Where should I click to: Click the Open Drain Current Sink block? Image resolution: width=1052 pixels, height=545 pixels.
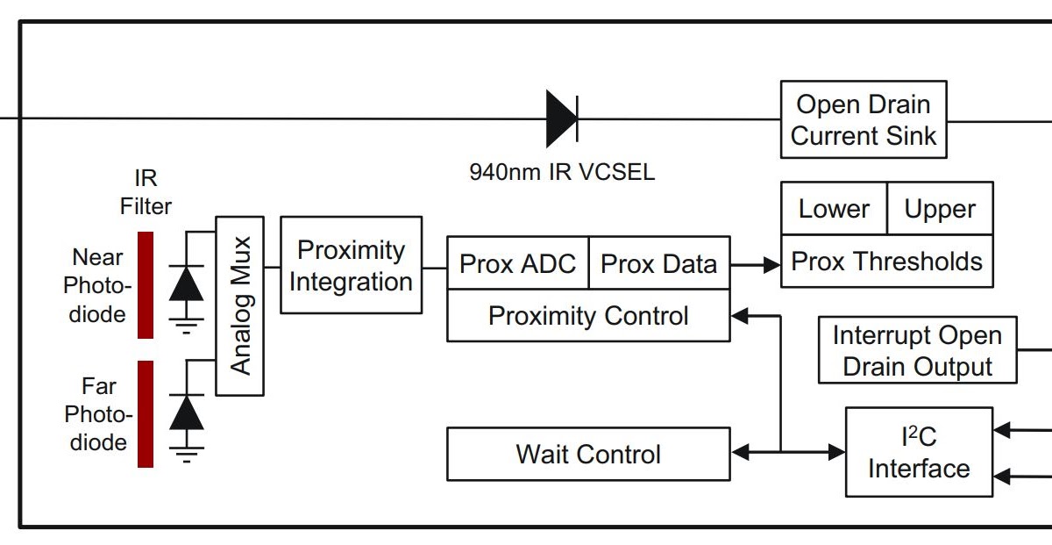coord(864,119)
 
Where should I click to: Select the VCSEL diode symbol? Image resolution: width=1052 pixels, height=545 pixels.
coord(561,118)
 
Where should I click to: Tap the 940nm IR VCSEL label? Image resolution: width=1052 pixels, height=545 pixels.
coord(562,171)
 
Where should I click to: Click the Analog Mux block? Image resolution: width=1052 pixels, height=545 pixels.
coord(239,305)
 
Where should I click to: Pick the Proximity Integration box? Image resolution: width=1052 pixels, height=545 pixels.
coord(351,265)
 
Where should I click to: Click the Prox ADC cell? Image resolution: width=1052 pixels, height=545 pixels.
coord(517,263)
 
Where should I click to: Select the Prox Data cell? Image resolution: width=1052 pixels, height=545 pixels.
coord(658,263)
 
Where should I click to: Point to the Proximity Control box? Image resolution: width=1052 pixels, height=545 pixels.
coord(588,316)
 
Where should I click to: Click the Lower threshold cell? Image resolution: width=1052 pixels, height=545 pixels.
coord(834,209)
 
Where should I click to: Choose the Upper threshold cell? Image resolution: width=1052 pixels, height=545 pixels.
coord(940,209)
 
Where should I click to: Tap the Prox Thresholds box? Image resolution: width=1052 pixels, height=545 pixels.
coord(886,262)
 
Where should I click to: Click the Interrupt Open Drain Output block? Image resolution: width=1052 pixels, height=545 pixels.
coord(917,351)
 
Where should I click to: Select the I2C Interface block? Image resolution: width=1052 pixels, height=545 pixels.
coord(919,452)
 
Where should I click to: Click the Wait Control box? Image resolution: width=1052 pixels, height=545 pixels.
coord(588,454)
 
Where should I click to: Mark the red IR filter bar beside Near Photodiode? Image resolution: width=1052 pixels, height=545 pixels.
coord(146,285)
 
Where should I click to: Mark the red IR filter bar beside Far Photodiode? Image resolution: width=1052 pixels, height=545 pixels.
coord(146,413)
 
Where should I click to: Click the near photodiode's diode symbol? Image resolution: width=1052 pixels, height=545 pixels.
coord(186,283)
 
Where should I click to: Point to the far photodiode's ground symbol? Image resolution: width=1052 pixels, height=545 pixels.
coord(186,455)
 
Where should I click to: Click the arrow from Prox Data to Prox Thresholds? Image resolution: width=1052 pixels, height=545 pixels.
coord(755,263)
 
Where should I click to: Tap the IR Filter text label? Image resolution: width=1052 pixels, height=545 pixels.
coord(146,192)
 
